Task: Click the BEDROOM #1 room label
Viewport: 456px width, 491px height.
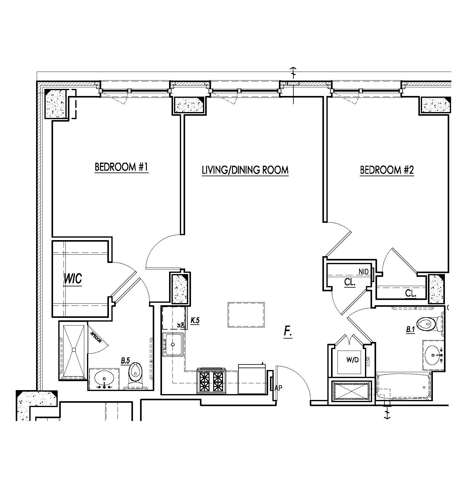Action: [122, 167]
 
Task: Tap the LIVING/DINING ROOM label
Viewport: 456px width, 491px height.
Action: [245, 170]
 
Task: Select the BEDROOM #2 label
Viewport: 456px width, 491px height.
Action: [387, 170]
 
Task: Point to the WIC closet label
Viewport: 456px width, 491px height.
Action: [73, 279]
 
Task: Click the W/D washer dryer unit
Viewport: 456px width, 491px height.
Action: [352, 360]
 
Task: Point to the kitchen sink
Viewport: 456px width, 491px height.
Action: [173, 344]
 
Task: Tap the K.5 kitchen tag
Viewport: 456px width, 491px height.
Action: [195, 321]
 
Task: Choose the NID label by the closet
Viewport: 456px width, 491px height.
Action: [363, 272]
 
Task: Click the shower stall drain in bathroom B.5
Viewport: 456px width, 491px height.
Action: [74, 350]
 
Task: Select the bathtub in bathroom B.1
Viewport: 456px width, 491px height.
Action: [403, 387]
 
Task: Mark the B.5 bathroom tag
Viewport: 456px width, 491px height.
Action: [125, 360]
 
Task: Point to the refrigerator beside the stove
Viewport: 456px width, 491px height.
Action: [252, 379]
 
